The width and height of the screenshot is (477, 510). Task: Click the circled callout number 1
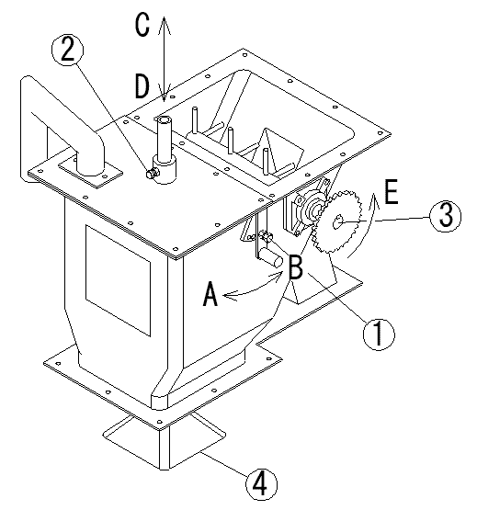pyautogui.click(x=379, y=334)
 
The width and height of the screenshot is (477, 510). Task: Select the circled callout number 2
pyautogui.click(x=68, y=51)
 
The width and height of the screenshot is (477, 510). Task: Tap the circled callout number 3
pyautogui.click(x=445, y=216)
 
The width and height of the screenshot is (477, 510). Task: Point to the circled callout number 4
pyautogui.click(x=261, y=483)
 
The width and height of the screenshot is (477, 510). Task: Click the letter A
pyautogui.click(x=210, y=294)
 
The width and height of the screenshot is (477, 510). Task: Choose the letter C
pyautogui.click(x=142, y=25)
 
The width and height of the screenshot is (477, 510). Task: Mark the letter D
pyautogui.click(x=142, y=86)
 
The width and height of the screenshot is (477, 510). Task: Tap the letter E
pyautogui.click(x=392, y=191)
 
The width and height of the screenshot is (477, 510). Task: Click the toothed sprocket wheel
pyautogui.click(x=337, y=222)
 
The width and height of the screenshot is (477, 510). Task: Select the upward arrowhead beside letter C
pyautogui.click(x=164, y=25)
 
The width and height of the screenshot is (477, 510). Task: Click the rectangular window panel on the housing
pyautogui.click(x=118, y=280)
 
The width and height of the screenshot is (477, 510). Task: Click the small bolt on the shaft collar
pyautogui.click(x=151, y=174)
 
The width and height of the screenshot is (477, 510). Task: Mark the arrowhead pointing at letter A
pyautogui.click(x=230, y=296)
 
